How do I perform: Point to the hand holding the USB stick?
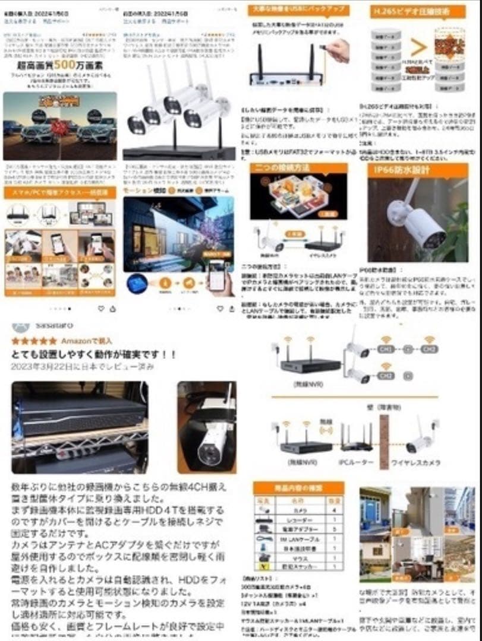338,50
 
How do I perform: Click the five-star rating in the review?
34,341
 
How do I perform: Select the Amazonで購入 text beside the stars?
86,341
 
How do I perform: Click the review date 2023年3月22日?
83,366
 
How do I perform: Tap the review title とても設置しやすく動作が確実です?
94,354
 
